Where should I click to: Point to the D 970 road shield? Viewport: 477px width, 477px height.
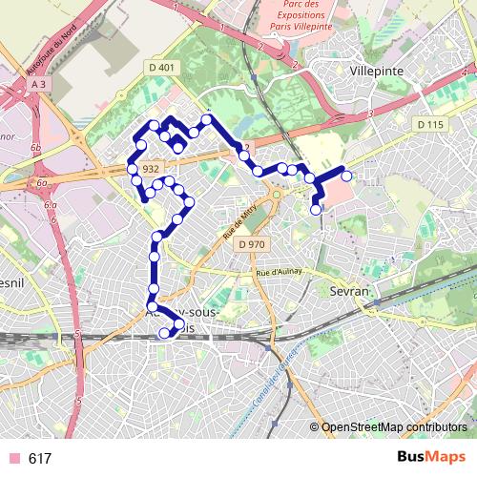[x=252, y=244]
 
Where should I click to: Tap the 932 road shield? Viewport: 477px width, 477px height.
[x=150, y=169]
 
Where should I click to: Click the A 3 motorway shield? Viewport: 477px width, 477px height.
[x=38, y=85]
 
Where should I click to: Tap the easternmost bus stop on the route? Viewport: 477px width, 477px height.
[x=346, y=176]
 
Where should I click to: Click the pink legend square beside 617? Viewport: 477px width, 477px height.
[x=12, y=459]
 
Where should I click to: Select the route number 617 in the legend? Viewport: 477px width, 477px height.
[x=40, y=459]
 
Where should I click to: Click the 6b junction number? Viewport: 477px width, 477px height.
[x=36, y=149]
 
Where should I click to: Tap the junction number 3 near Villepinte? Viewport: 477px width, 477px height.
[x=369, y=114]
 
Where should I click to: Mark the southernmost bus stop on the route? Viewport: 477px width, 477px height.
[x=164, y=333]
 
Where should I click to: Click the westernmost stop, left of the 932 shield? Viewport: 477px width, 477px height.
[x=134, y=169]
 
